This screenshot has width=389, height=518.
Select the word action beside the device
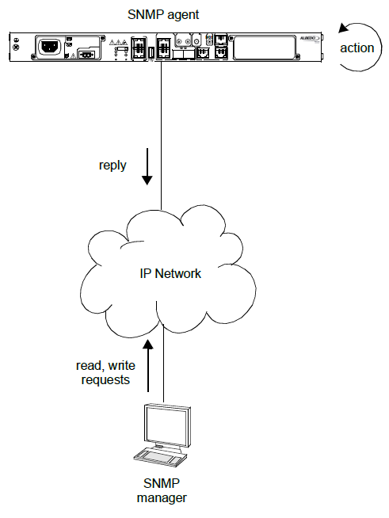[x=357, y=48]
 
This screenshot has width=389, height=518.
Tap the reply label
[x=113, y=166]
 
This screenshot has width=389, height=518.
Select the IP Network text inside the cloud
[x=166, y=274]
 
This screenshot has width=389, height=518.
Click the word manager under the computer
[x=161, y=498]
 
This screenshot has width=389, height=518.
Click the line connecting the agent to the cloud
[x=162, y=127]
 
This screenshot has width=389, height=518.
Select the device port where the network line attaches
[x=162, y=50]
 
